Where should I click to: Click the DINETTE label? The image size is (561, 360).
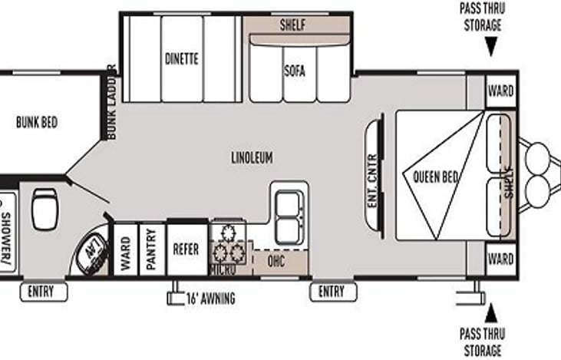pos(182,58)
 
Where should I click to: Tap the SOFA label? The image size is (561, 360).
pos(294,71)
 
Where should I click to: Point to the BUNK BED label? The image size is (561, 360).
pos(37,122)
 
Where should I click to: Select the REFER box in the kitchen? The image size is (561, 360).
pos(186,249)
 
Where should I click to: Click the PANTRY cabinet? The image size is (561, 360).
pos(152,249)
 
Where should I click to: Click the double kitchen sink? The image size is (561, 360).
pos(289,215)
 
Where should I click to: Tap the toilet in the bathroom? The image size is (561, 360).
pos(45,209)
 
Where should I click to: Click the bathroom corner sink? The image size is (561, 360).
pos(93,251)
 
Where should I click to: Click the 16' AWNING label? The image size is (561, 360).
pos(209,299)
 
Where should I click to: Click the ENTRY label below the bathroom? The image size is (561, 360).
pos(43,291)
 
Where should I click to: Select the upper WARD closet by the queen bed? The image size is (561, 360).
pos(501,91)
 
